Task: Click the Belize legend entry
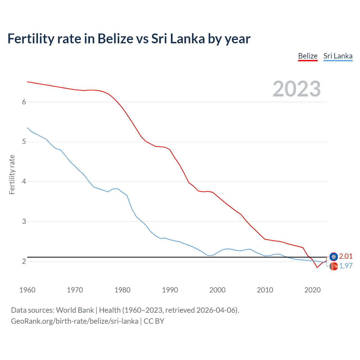click(308, 56)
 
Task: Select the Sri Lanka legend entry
click(338, 56)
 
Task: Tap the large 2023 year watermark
click(296, 89)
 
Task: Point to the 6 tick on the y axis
click(24, 102)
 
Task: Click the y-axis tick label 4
click(24, 181)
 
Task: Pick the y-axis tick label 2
click(24, 261)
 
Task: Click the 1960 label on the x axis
click(27, 290)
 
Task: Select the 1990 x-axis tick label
click(170, 290)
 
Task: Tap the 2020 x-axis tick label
click(312, 290)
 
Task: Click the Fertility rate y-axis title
click(12, 174)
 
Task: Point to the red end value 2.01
click(346, 256)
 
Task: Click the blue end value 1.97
click(346, 266)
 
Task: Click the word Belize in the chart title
click(115, 39)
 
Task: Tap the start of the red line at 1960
click(28, 82)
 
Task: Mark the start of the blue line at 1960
click(28, 128)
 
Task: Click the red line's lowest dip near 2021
click(317, 267)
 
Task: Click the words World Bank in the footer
click(75, 310)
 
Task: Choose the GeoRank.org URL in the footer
click(75, 321)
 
